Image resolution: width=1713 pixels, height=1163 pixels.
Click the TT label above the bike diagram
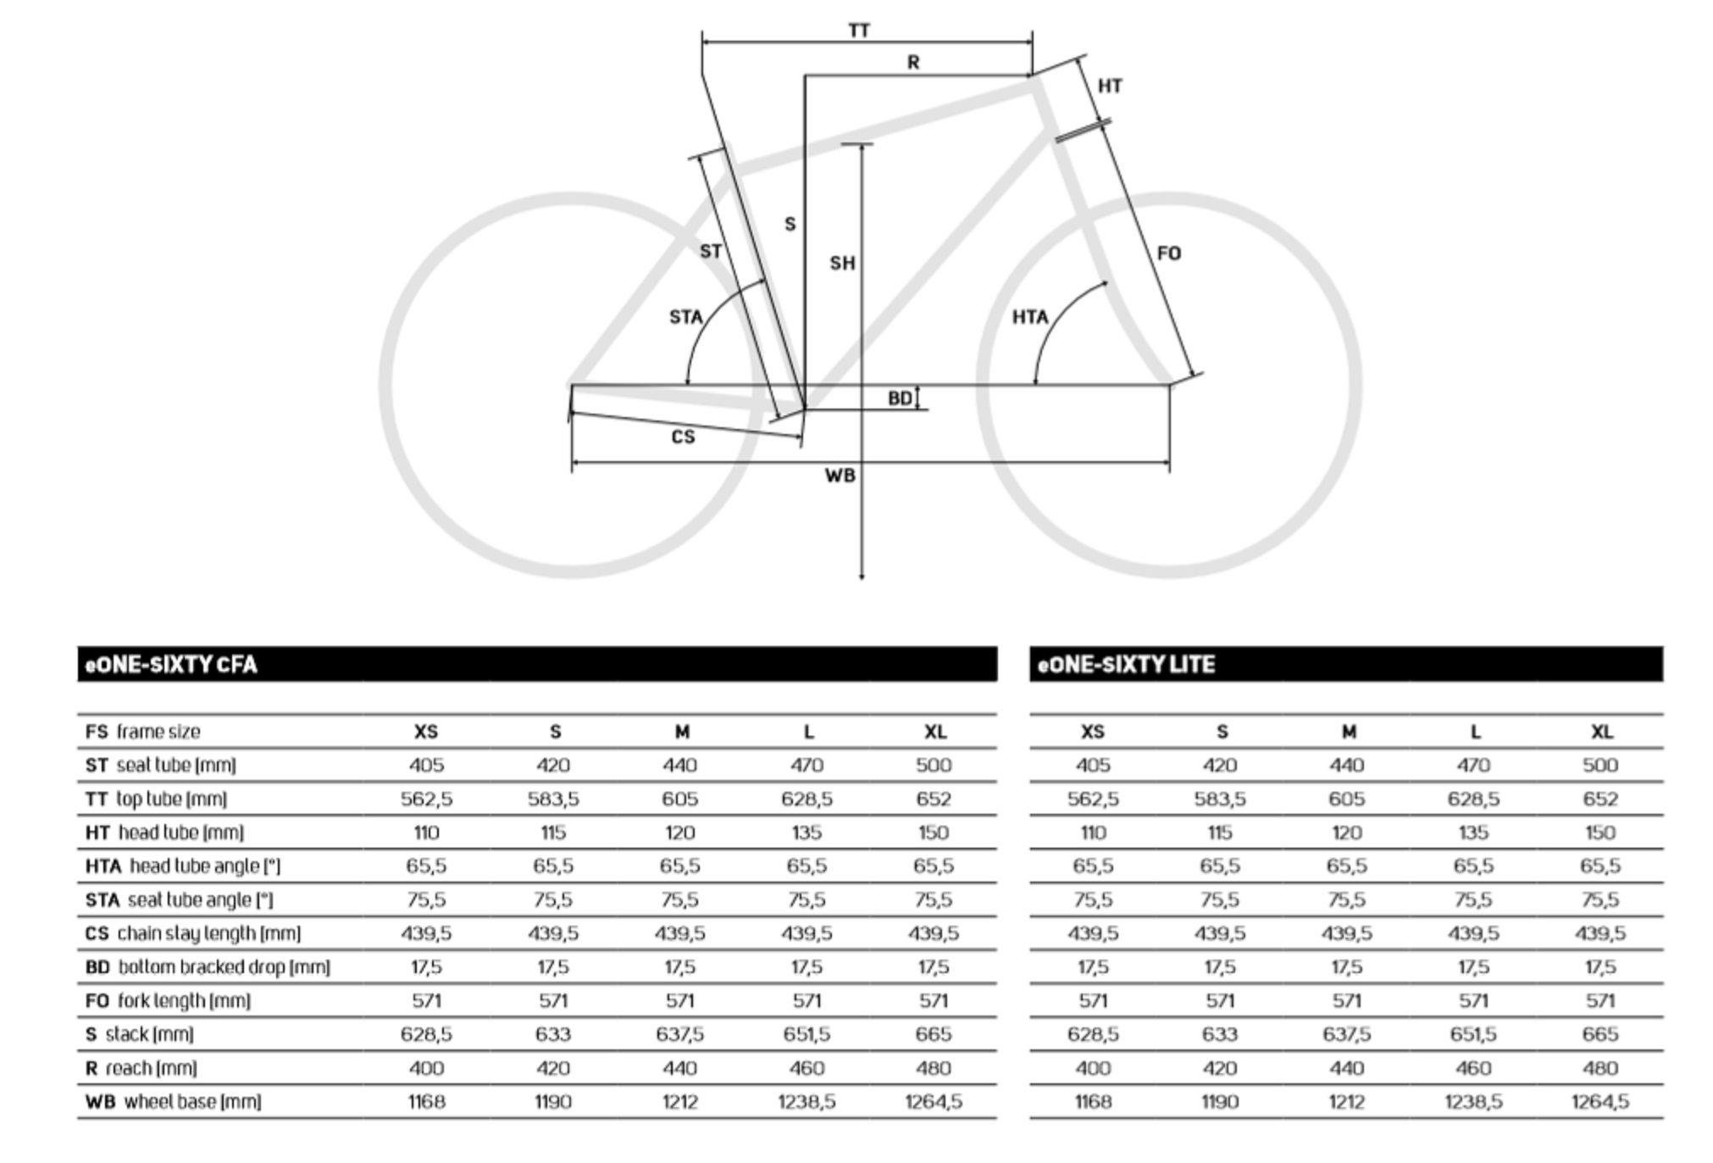859,31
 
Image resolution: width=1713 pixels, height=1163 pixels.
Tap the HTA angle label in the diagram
1030,317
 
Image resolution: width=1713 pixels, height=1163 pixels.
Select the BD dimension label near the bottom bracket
900,398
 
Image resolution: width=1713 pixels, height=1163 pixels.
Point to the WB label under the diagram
840,476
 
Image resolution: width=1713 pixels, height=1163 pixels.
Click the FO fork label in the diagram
1169,253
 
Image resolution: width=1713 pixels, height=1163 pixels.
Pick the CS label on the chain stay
683,437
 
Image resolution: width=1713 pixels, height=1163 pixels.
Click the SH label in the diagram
842,264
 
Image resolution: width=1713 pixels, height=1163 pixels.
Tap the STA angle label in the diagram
686,317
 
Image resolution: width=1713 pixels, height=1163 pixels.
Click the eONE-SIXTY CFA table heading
171,665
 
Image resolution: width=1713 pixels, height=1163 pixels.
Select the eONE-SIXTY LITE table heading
1127,665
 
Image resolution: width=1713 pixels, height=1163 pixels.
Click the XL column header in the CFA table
934,732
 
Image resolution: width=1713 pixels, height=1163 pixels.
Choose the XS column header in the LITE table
1093,732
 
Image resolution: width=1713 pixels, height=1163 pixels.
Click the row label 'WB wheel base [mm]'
173,1102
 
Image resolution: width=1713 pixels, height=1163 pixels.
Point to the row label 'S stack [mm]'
139,1034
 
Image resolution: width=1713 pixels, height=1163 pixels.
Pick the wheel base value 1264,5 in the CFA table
934,1102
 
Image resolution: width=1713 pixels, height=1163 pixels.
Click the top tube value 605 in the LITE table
1347,799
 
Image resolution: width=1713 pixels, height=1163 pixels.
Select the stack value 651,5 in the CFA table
807,1034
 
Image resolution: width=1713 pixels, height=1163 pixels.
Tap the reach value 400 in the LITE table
1093,1068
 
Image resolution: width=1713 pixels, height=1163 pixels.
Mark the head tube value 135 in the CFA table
807,832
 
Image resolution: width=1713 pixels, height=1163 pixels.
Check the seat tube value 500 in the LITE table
1600,765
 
